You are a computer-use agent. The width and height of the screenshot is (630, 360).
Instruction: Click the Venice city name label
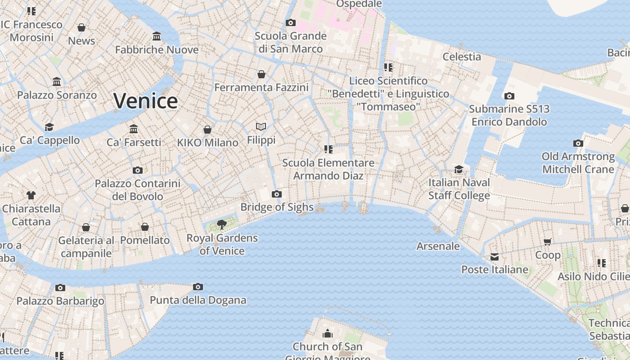tap(145, 101)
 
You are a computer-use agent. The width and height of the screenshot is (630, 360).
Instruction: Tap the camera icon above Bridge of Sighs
tap(277, 194)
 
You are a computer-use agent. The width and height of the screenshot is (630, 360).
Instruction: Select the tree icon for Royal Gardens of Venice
tap(221, 224)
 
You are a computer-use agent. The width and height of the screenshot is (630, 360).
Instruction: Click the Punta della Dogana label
tap(198, 300)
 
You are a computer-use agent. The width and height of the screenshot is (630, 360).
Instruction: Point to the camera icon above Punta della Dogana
tap(198, 287)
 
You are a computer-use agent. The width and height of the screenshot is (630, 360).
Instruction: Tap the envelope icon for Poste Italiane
tap(495, 257)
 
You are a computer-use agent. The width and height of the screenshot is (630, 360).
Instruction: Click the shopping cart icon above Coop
tap(548, 242)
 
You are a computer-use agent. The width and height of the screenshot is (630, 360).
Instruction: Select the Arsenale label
tap(438, 246)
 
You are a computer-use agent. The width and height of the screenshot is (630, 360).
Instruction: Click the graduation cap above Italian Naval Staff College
tap(459, 169)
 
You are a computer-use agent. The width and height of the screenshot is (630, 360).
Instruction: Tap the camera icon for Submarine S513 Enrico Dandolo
tap(509, 96)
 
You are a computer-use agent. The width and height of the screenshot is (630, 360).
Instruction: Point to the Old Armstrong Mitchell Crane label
tap(578, 163)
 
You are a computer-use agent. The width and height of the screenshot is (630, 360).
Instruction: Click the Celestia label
tap(462, 57)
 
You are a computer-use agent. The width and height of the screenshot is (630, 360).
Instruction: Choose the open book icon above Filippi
tap(261, 127)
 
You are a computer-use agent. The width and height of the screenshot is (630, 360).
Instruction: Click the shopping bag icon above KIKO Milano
tap(207, 130)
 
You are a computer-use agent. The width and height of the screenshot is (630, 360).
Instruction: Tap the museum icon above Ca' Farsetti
tap(134, 129)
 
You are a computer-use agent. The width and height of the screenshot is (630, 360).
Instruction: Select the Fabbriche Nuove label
tap(157, 49)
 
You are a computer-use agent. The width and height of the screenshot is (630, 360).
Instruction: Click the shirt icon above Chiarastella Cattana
tap(31, 195)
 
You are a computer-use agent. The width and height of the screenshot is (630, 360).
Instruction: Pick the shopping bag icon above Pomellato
tap(145, 227)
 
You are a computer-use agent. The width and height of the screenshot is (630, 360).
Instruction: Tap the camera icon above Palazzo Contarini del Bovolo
tap(138, 170)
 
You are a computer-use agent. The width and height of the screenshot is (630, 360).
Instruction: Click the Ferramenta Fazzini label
tap(261, 87)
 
